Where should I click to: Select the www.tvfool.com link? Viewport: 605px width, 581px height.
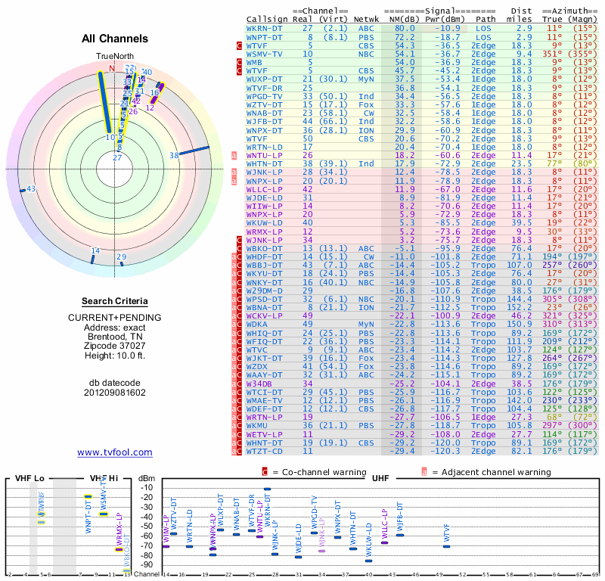114,452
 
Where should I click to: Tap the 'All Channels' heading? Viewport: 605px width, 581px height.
115,39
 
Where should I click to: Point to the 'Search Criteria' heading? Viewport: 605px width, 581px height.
115,300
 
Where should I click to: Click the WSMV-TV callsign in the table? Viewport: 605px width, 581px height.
265,54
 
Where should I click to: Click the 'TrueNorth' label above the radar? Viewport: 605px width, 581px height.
114,57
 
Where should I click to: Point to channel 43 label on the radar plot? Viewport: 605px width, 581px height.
31,189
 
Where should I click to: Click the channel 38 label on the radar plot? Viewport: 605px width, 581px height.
174,155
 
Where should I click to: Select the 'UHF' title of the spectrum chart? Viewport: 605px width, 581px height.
380,479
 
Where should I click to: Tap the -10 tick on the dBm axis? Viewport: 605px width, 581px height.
146,487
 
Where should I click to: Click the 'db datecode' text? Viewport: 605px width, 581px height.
115,382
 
